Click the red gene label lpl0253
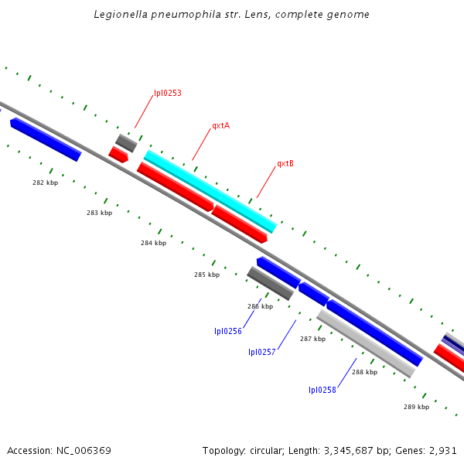pos(168,93)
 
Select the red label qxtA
pos(220,125)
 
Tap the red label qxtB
pos(285,164)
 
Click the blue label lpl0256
pos(228,331)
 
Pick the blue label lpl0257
pos(262,352)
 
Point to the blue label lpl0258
pos(322,390)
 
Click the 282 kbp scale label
pos(45,183)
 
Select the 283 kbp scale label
pos(99,213)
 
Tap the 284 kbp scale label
pos(153,243)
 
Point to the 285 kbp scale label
pos(206,275)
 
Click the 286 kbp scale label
pos(260,306)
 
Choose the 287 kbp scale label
pos(312,339)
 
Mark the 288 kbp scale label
pos(364,372)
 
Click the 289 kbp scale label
pos(416,407)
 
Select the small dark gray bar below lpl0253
pos(126,142)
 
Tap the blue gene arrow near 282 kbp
pos(46,139)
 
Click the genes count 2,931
pos(443,450)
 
